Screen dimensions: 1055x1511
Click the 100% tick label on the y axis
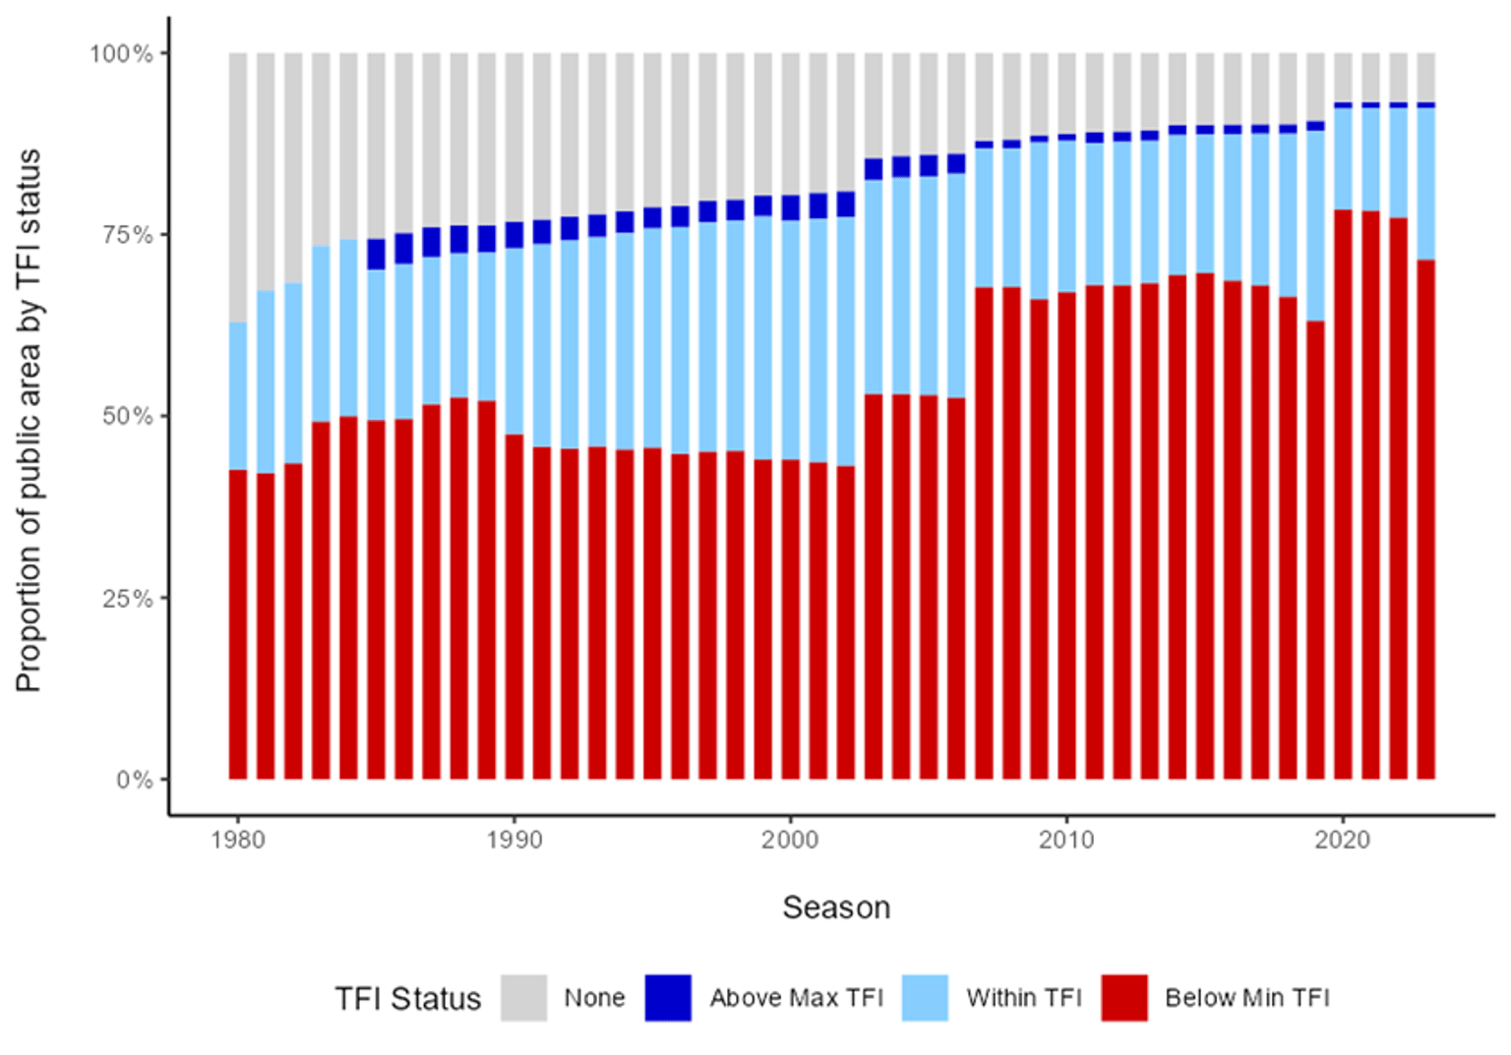click(x=121, y=53)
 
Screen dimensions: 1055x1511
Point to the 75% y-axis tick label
click(x=127, y=235)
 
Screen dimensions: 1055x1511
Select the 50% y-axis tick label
click(x=127, y=416)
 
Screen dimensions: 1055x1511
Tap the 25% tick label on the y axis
click(x=127, y=598)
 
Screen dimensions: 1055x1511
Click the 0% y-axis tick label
click(x=134, y=780)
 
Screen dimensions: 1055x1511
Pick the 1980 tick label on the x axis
click(x=237, y=840)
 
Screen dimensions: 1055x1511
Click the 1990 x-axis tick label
click(x=514, y=840)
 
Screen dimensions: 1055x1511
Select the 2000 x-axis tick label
click(x=790, y=840)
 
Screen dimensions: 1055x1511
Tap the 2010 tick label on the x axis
click(x=1066, y=840)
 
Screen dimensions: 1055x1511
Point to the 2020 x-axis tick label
click(x=1343, y=840)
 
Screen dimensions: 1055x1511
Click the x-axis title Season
click(x=836, y=908)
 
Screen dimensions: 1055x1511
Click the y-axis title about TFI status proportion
click(x=29, y=421)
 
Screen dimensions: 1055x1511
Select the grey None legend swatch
click(x=523, y=998)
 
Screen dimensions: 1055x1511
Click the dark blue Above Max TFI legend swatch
click(x=668, y=998)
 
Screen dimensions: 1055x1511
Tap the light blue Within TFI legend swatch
click(x=925, y=998)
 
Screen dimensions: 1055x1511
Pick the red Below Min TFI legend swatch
click(x=1124, y=998)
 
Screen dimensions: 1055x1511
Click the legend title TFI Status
click(x=407, y=999)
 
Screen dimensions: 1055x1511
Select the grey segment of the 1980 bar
click(x=238, y=187)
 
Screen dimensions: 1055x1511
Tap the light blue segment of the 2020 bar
click(x=1343, y=158)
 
